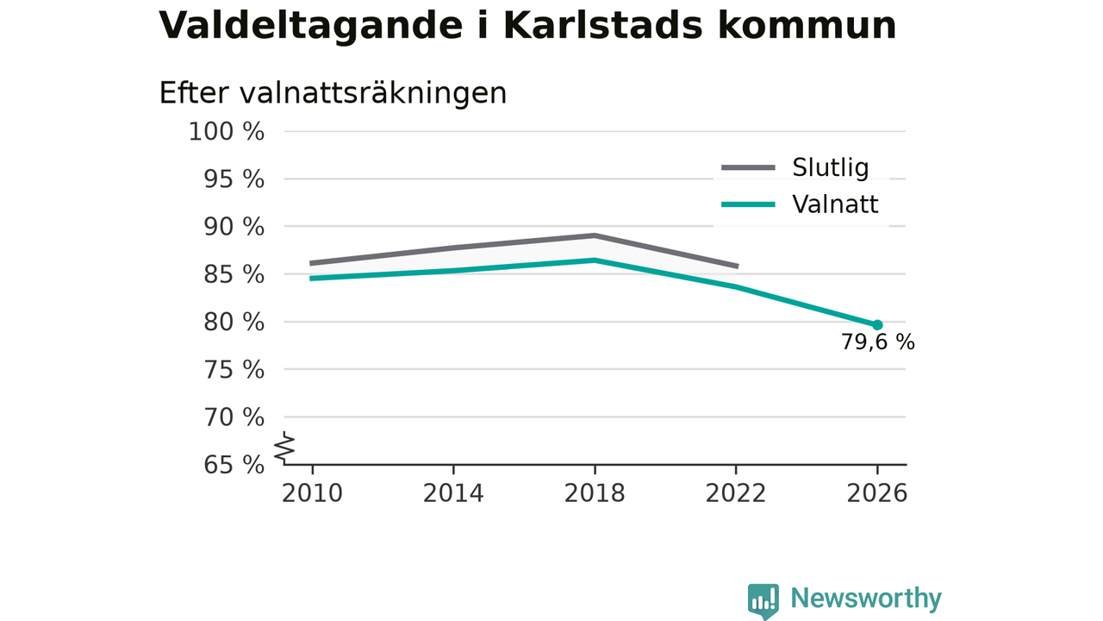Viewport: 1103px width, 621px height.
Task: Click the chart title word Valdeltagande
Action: coord(311,26)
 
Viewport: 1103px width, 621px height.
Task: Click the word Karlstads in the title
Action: coord(603,25)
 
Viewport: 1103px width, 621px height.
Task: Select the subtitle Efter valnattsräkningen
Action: coord(333,93)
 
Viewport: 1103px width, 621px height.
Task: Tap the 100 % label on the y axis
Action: coord(227,132)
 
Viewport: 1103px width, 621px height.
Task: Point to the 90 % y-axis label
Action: coord(234,227)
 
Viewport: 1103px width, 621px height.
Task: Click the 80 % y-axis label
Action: coord(234,323)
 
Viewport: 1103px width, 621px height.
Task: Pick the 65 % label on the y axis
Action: coord(234,465)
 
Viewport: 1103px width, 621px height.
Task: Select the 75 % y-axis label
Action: coord(234,370)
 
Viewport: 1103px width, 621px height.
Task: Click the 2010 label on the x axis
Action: coord(312,493)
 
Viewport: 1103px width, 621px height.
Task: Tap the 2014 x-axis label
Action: coord(453,493)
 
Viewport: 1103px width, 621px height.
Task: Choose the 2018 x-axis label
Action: coord(595,493)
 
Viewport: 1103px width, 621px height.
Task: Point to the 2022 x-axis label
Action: coord(736,493)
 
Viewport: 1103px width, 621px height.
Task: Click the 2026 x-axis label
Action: coord(876,493)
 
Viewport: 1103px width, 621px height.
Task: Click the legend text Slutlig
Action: coord(830,168)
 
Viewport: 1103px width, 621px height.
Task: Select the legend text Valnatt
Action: coord(835,204)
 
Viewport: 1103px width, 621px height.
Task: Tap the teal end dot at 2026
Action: coord(877,325)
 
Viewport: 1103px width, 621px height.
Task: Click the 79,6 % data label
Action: coord(877,342)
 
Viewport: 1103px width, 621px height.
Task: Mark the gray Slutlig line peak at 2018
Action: coord(595,235)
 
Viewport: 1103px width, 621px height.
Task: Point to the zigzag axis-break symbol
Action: coord(284,448)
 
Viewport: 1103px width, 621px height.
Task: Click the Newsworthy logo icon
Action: coord(763,600)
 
